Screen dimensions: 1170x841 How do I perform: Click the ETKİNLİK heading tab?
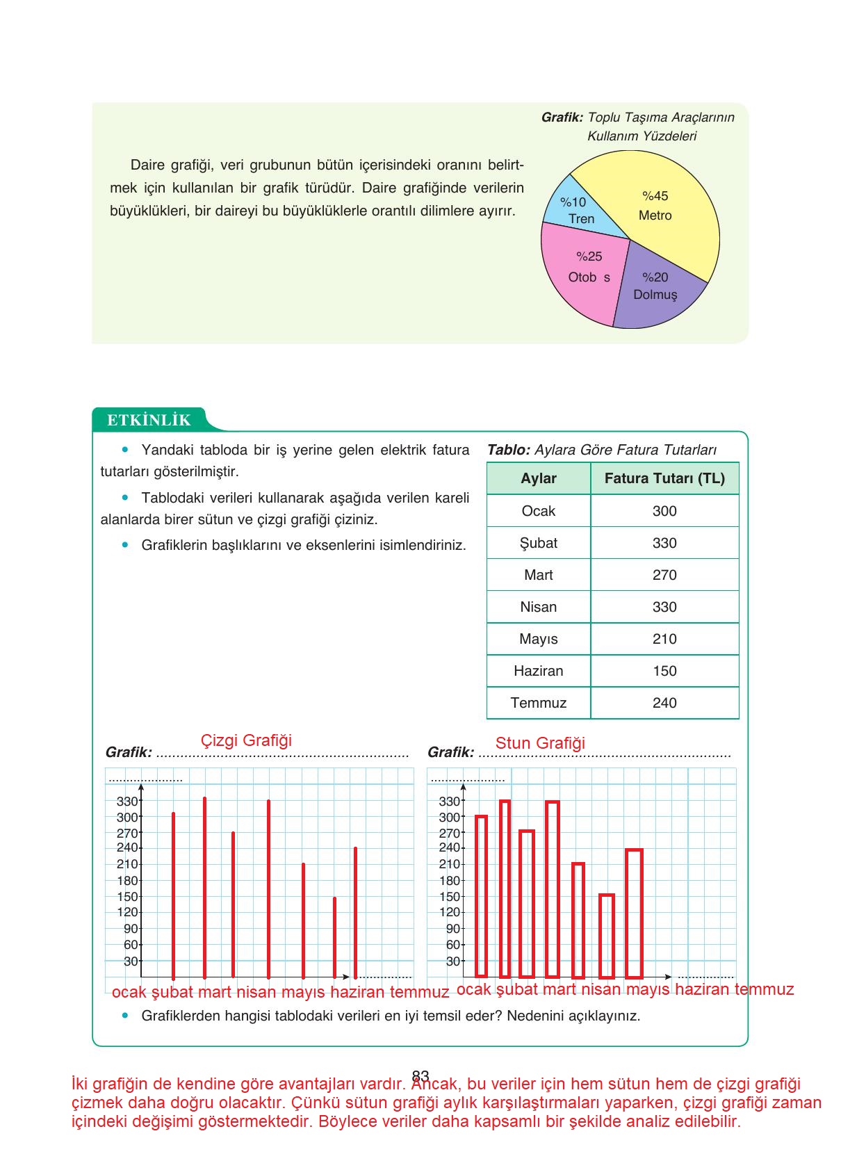(149, 420)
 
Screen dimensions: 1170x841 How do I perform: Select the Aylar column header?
(539, 478)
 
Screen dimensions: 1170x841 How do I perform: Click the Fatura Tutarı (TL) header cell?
(664, 478)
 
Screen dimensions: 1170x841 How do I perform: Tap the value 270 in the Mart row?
(664, 575)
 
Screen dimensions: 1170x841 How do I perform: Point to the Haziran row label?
(539, 671)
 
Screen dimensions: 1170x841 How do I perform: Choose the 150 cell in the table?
(664, 671)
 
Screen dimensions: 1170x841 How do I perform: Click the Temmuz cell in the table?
(539, 703)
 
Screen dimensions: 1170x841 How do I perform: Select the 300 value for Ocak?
(664, 511)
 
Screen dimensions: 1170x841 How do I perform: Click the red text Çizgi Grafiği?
(246, 740)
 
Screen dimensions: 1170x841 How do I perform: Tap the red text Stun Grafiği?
(540, 743)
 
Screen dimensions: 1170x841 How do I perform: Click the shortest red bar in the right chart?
(607, 935)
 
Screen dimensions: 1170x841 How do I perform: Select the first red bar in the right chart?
(481, 897)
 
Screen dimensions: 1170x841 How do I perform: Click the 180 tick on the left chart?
(127, 881)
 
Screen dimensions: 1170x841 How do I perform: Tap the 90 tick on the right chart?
(452, 929)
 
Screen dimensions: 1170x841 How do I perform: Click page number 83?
(420, 1075)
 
